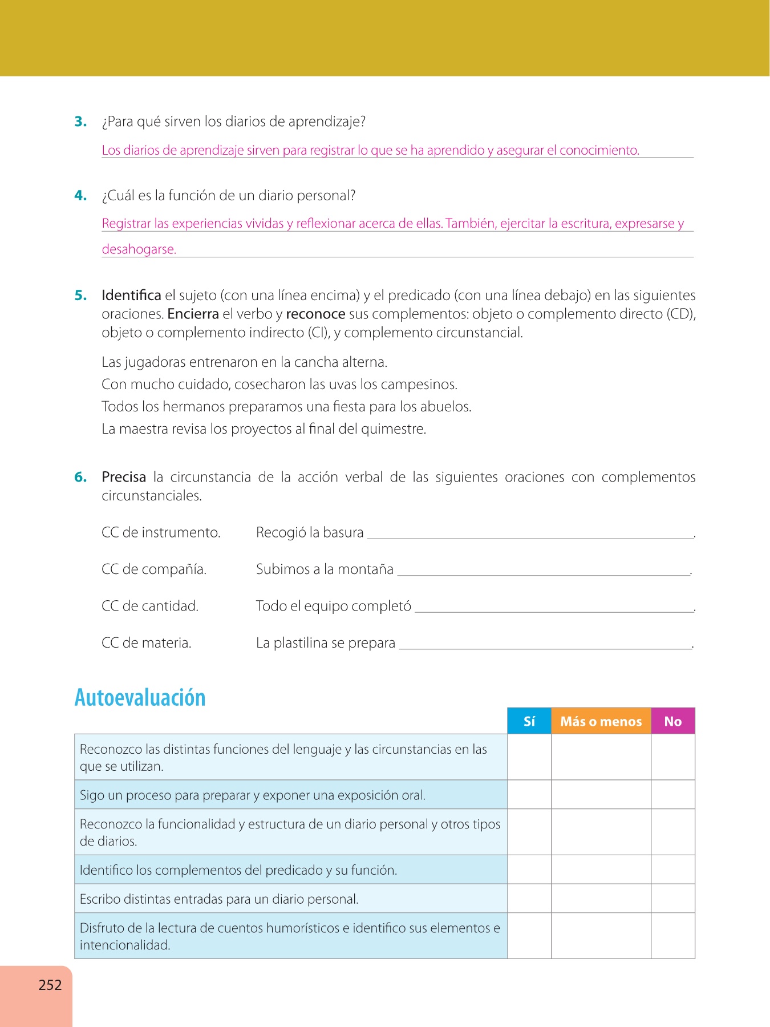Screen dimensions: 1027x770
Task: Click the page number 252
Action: (50, 985)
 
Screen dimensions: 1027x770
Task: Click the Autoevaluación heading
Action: (140, 698)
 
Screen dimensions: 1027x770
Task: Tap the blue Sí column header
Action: (529, 721)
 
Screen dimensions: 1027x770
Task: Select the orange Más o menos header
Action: (601, 721)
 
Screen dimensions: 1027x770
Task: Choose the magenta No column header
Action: (673, 721)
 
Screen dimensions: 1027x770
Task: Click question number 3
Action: (80, 122)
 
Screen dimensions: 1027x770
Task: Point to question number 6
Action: (80, 477)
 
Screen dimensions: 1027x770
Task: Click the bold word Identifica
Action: (131, 296)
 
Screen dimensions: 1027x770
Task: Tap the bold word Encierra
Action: (193, 314)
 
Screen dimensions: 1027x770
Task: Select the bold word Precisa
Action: (124, 477)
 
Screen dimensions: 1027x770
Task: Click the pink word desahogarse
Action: (139, 249)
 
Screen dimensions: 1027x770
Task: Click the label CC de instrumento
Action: (161, 532)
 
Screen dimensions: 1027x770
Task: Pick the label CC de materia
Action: (147, 643)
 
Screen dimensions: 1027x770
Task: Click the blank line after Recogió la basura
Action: (530, 534)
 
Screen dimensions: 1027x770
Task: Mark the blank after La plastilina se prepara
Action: (545, 645)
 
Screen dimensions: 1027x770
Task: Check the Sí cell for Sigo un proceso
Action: (529, 795)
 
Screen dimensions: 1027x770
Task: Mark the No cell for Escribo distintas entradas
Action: (673, 899)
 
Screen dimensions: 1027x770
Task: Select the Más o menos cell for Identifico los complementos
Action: (601, 870)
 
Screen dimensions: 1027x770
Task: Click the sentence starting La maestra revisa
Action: (264, 429)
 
